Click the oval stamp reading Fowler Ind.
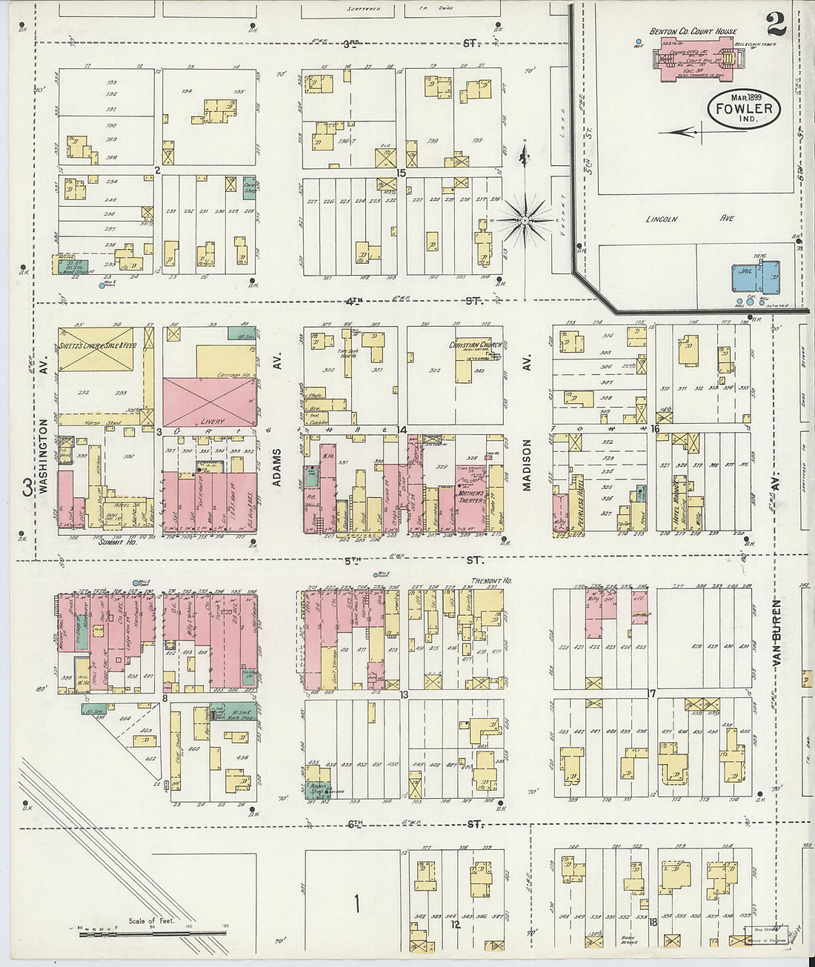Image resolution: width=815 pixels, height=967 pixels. tap(743, 109)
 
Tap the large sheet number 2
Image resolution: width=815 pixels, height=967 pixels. tap(776, 26)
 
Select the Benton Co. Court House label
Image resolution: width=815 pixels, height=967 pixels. tap(693, 31)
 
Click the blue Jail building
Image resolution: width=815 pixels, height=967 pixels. tap(755, 279)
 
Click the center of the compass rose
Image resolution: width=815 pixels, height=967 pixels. tap(524, 220)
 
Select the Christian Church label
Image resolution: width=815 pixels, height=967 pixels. tap(475, 345)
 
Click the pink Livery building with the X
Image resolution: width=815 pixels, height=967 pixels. tap(210, 402)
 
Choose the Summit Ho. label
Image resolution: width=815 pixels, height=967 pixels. tap(117, 542)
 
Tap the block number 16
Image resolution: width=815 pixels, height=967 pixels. tap(654, 429)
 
